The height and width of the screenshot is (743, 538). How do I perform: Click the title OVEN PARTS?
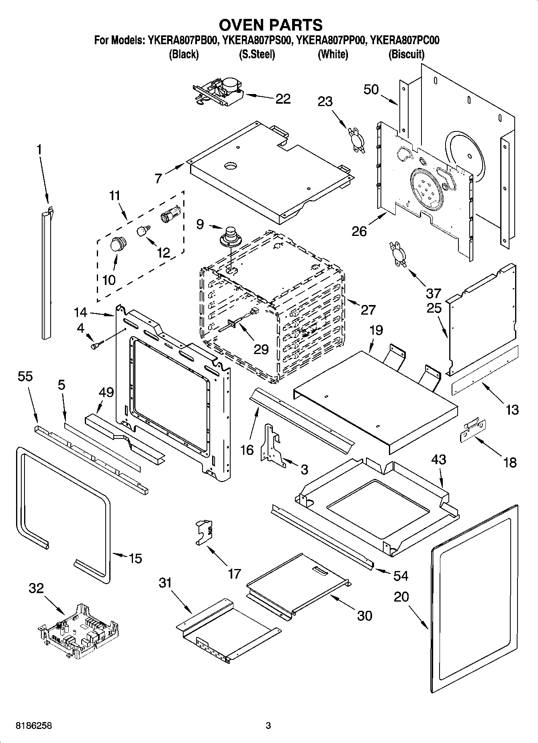coord(270,25)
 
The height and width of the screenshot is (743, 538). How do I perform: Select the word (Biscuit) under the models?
coord(406,54)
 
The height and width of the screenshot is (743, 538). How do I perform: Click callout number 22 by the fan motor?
coord(283,99)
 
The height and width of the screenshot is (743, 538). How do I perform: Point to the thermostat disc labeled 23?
coord(356,139)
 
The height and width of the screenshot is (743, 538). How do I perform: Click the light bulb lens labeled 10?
coord(118,244)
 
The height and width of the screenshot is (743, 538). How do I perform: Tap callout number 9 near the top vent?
coord(200,224)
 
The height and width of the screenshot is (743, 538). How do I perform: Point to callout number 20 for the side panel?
coord(401,597)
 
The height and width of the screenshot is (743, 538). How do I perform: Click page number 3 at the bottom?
coord(268,726)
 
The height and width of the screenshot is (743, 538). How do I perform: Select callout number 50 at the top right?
coord(371,89)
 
